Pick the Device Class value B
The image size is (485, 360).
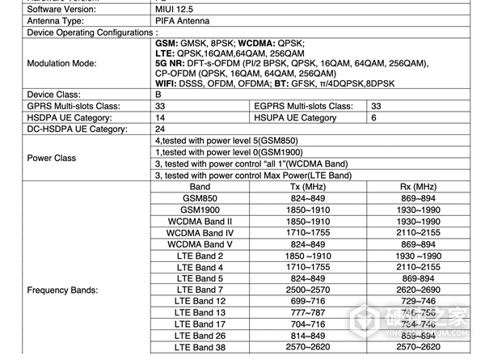[x=158, y=95]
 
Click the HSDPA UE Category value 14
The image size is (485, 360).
[x=160, y=117]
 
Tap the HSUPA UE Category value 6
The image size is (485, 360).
[x=373, y=117]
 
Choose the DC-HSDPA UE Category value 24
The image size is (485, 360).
[x=160, y=129]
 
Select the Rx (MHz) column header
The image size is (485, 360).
[x=420, y=187]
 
